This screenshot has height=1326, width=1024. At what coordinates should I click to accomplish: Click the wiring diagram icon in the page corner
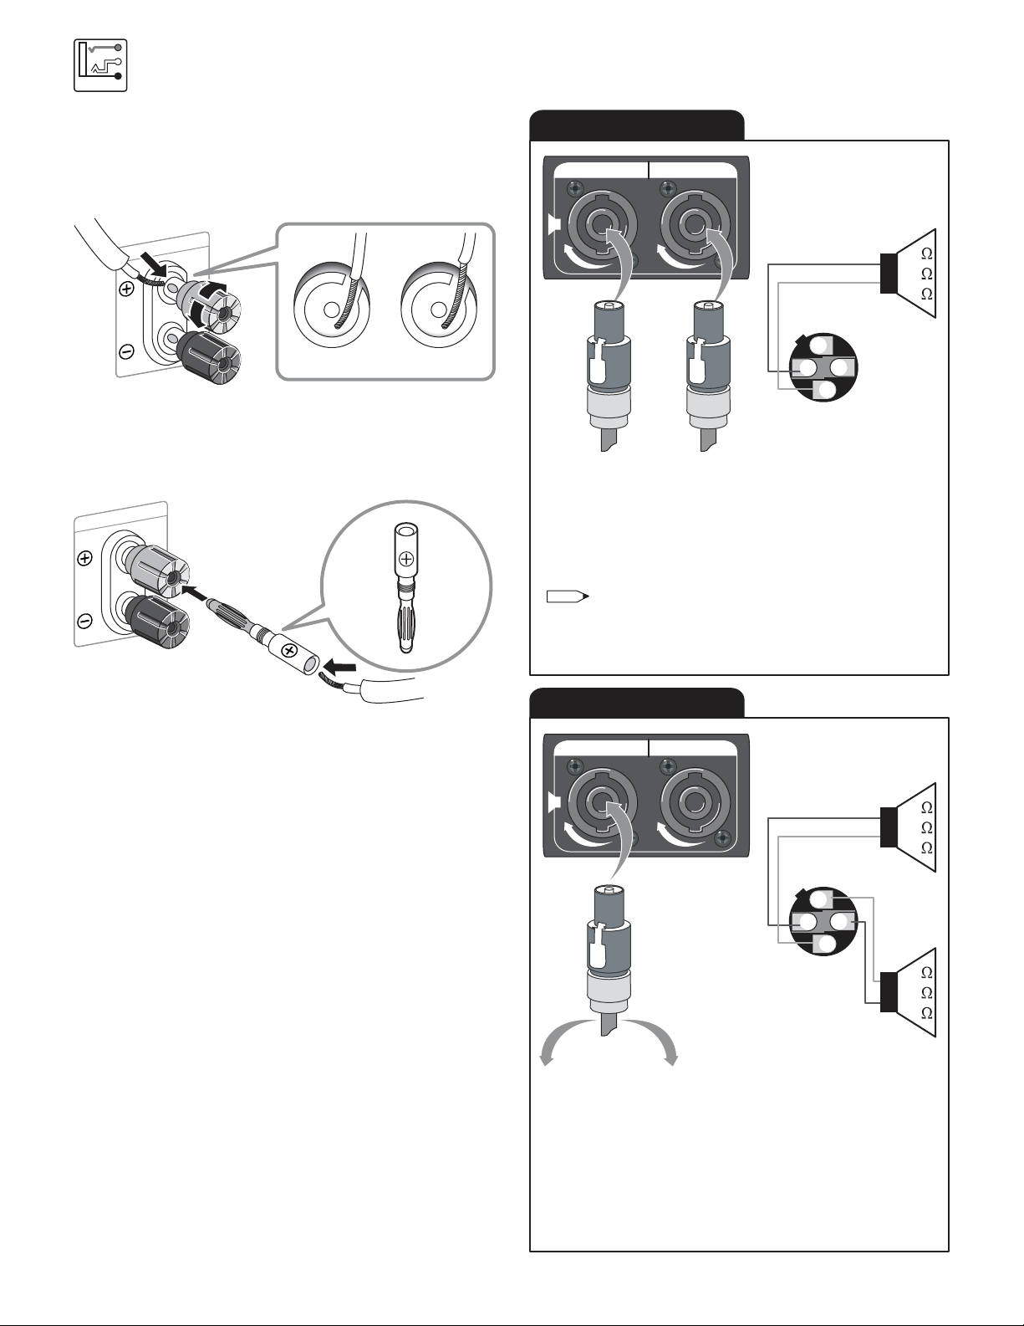point(100,64)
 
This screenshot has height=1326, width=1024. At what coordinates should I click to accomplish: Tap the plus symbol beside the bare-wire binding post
point(126,289)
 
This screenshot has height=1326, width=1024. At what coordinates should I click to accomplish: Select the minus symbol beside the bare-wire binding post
point(126,351)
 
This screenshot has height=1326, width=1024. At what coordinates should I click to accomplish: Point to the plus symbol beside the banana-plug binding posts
point(84,560)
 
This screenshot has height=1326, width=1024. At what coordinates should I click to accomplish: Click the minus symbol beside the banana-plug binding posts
point(84,621)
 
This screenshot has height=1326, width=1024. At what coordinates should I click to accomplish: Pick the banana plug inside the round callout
point(405,586)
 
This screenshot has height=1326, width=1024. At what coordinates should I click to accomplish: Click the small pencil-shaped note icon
point(568,596)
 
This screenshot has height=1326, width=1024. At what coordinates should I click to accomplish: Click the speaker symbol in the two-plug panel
point(909,274)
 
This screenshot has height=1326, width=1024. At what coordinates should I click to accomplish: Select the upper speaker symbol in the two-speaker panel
point(909,827)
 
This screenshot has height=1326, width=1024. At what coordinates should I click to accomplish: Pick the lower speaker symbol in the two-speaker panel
point(909,992)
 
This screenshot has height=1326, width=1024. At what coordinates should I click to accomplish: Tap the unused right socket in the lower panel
point(693,805)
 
